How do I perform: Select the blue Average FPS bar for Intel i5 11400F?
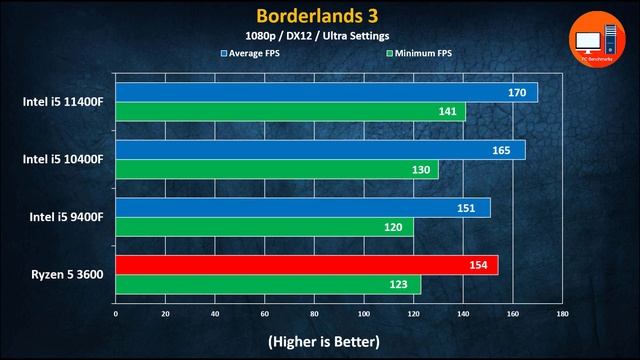326,93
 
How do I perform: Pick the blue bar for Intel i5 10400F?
320,150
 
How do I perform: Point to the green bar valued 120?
264,227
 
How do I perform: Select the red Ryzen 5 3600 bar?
306,265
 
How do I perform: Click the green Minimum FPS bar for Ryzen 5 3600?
268,285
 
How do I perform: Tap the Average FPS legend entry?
255,52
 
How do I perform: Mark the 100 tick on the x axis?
364,313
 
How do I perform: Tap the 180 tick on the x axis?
563,313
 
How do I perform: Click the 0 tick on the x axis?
116,313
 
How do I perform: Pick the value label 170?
518,93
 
